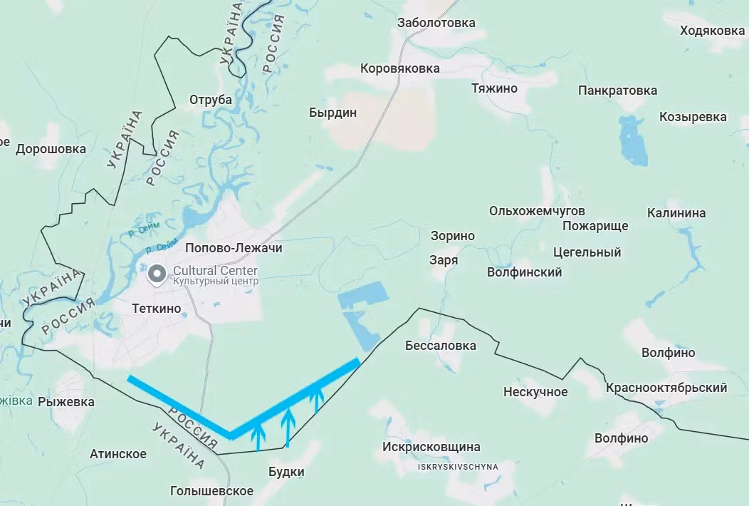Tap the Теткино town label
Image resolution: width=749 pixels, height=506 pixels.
click(157, 309)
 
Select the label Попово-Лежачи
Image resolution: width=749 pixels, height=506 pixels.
click(234, 248)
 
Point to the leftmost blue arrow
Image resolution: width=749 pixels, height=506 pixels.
click(258, 435)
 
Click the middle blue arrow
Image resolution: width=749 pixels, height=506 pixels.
click(287, 426)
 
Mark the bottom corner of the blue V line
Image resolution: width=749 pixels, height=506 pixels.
click(230, 435)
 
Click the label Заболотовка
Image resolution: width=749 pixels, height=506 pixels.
click(436, 23)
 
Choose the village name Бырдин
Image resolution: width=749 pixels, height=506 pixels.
click(332, 113)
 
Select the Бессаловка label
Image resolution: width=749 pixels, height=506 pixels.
click(440, 346)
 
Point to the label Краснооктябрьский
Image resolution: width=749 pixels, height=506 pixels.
click(666, 388)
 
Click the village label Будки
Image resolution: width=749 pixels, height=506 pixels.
click(286, 472)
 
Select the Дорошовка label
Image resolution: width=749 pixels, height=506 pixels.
click(51, 149)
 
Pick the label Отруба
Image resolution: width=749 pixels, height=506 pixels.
click(211, 100)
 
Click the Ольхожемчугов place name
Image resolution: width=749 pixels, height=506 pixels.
click(537, 211)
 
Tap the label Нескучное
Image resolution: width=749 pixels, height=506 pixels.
click(535, 392)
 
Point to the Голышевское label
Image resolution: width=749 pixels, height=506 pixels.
click(212, 491)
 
